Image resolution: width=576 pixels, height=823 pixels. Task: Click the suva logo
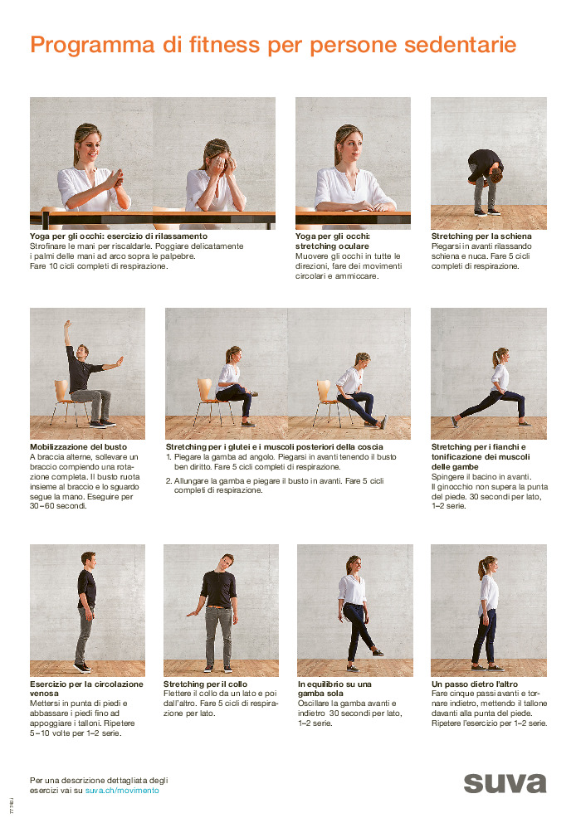(x=505, y=783)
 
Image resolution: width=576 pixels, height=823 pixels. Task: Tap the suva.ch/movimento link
(x=122, y=791)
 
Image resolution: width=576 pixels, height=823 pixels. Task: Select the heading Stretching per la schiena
(x=481, y=236)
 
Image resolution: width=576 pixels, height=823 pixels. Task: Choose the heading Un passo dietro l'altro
(x=475, y=684)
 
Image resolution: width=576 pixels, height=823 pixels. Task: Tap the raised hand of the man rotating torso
(x=68, y=324)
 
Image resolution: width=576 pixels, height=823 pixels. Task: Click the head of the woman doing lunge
(x=500, y=357)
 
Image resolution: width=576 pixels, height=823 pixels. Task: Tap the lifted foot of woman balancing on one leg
(x=378, y=652)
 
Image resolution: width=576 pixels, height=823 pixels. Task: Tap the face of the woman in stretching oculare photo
(x=348, y=148)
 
